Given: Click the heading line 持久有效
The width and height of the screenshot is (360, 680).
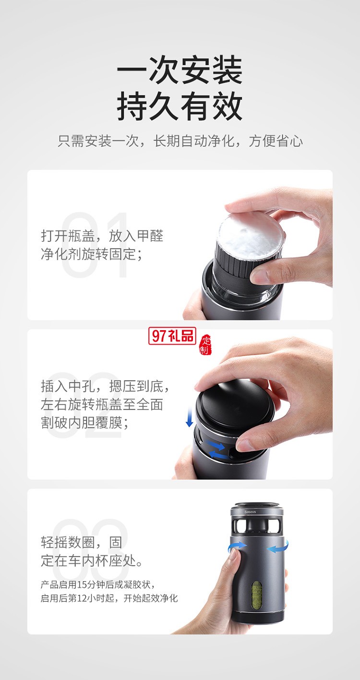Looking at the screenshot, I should pyautogui.click(x=180, y=107).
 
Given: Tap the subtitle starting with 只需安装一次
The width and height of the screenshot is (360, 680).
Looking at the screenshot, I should pyautogui.click(x=180, y=141).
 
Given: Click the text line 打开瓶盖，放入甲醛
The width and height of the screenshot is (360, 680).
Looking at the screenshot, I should pyautogui.click(x=102, y=236).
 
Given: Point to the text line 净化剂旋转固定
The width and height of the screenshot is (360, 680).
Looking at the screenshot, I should pyautogui.click(x=92, y=254).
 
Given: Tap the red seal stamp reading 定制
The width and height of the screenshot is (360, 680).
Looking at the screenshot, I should pyautogui.click(x=205, y=344).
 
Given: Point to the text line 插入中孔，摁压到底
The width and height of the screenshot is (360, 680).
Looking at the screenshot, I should pyautogui.click(x=105, y=386).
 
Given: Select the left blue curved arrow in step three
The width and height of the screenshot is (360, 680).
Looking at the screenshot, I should pyautogui.click(x=238, y=547).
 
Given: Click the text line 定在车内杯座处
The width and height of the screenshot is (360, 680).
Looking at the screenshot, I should pyautogui.click(x=92, y=561).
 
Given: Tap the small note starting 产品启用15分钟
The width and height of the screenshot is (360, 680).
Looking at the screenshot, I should pyautogui.click(x=97, y=585).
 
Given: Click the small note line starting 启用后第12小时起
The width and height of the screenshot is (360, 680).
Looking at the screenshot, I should pyautogui.click(x=109, y=598).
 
